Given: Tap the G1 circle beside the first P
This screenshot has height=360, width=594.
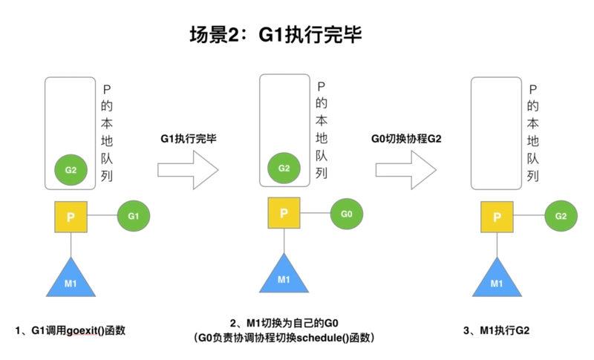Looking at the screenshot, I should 134,216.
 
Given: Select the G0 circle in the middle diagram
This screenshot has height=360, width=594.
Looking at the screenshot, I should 347,214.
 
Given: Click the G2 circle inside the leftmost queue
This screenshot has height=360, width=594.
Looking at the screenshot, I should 71,170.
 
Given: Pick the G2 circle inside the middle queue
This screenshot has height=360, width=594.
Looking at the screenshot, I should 284,168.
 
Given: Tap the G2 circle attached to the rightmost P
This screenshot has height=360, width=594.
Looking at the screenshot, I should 561,216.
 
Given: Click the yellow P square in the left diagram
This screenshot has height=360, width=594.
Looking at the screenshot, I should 71,217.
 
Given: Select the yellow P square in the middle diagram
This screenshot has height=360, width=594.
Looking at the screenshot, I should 284,214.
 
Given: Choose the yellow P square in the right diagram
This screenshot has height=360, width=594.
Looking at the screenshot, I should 496,217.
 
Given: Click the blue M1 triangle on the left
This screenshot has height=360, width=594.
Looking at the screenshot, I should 71,281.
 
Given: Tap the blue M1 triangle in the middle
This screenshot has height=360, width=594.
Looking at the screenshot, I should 284,276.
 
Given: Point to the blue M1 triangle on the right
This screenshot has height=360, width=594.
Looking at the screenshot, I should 496,281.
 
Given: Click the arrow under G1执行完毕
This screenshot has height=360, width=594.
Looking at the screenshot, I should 188,171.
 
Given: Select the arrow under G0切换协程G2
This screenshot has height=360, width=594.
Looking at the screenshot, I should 405,171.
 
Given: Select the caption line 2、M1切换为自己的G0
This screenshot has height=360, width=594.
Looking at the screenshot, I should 283,322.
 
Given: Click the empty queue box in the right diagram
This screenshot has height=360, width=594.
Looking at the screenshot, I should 496,130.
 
